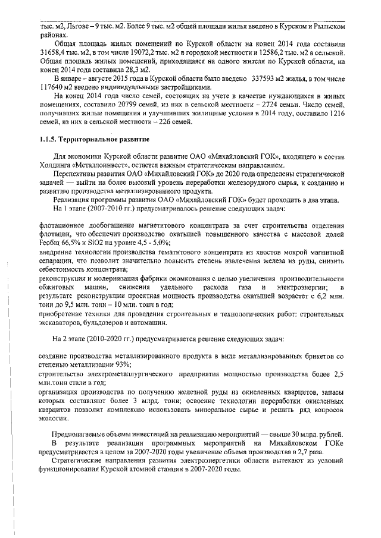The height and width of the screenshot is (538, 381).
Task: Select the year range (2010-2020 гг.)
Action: [108, 339]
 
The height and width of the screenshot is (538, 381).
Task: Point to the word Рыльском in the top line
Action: [327, 27]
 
